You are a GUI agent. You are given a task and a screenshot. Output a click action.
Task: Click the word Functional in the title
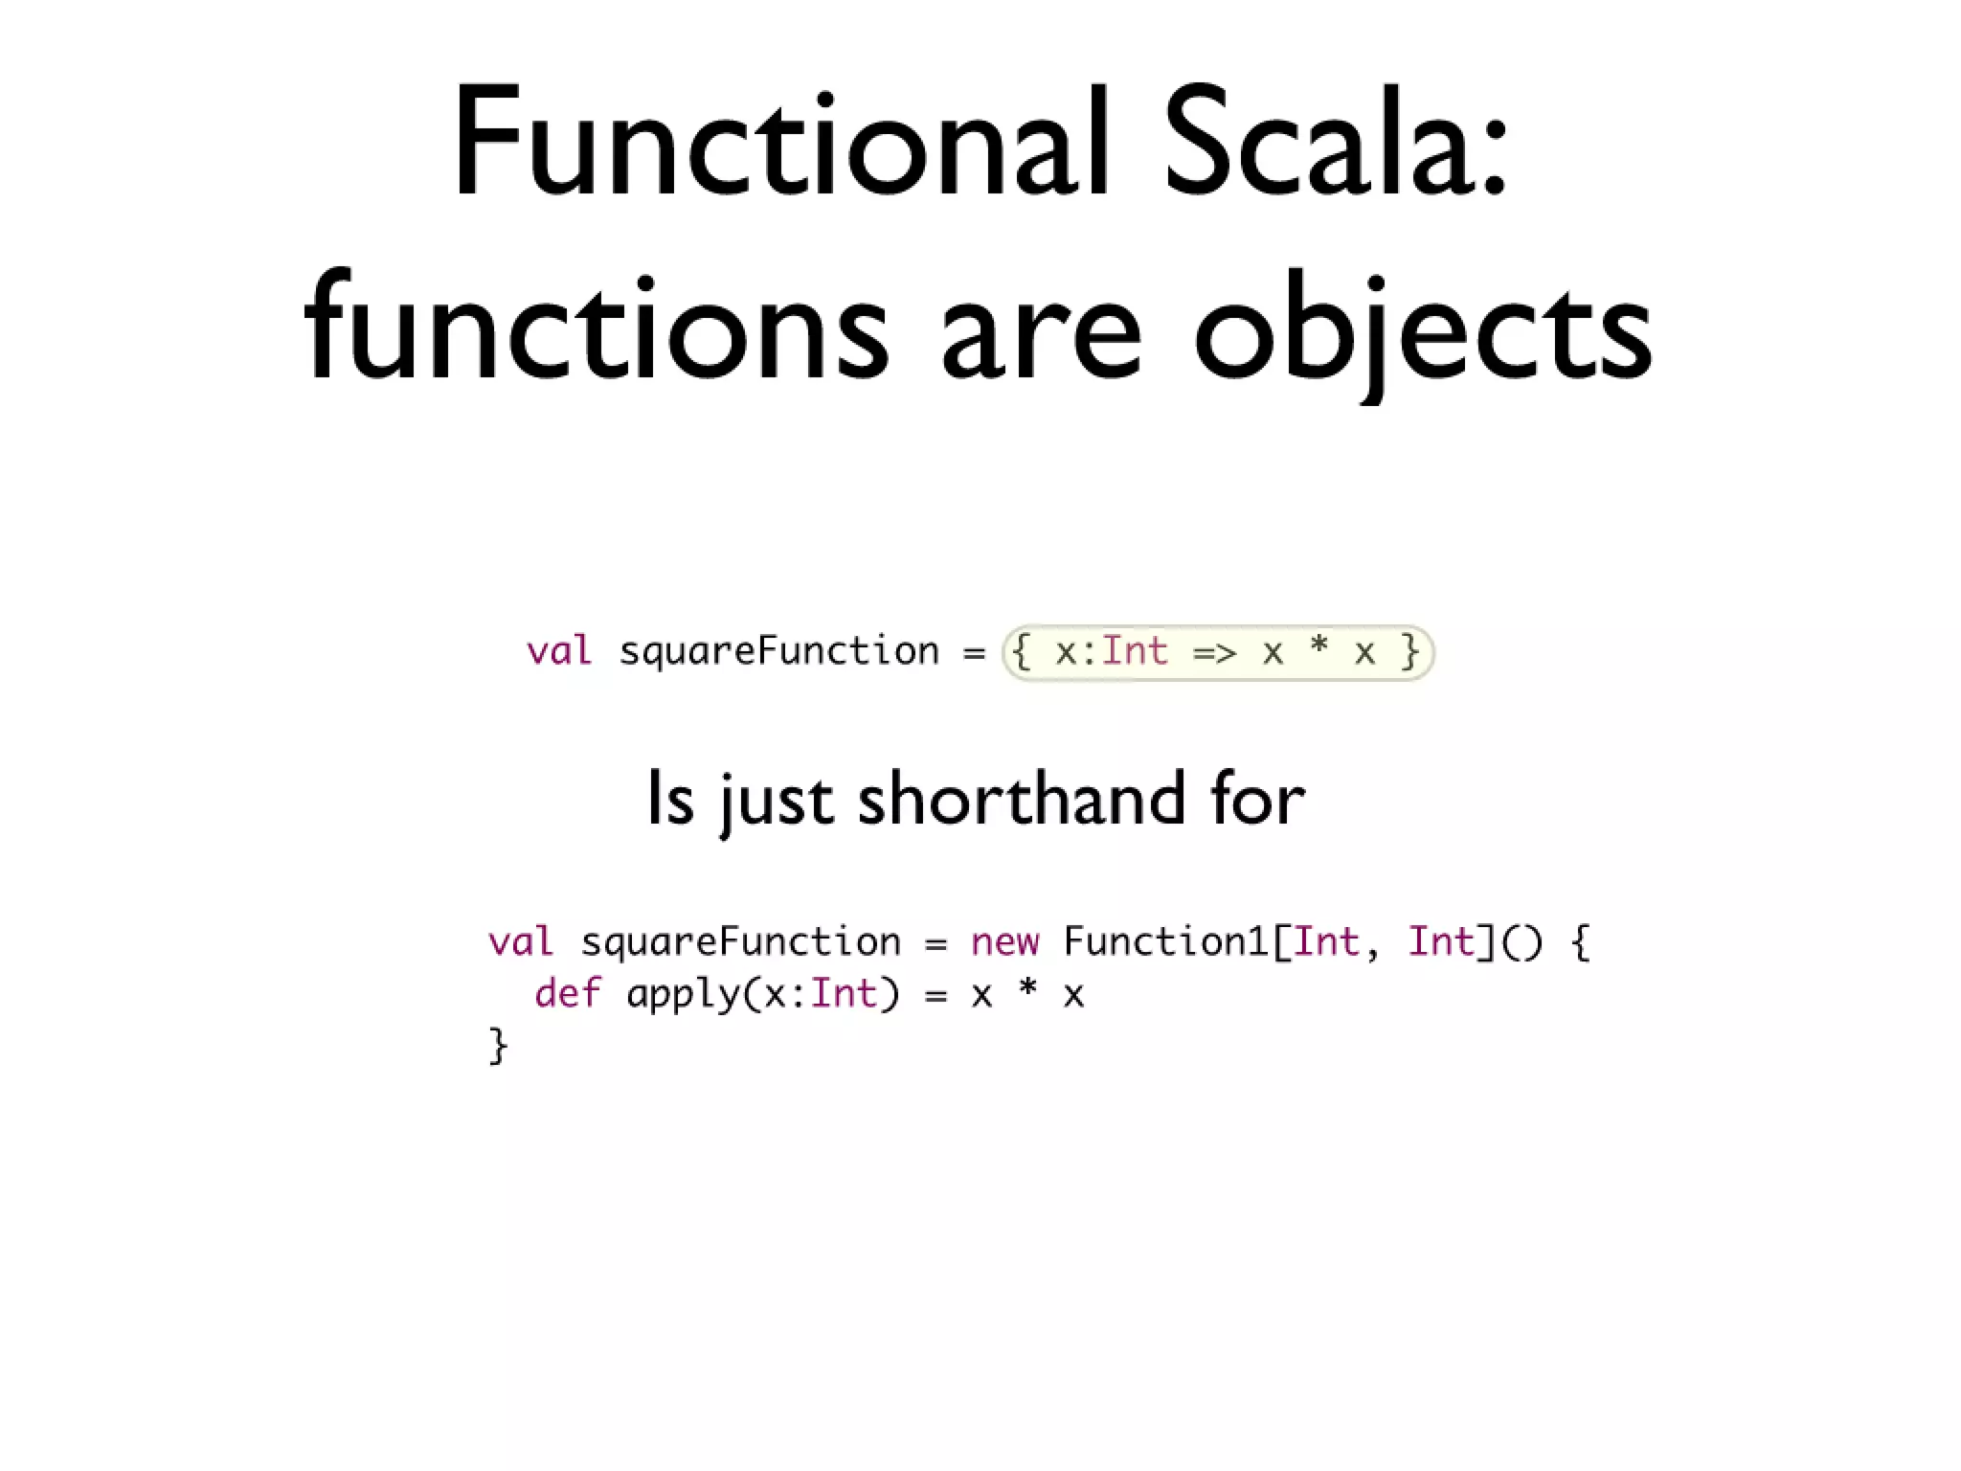point(780,144)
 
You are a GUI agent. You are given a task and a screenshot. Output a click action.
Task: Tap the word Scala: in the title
point(1336,144)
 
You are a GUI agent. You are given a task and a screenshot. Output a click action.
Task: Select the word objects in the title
point(1423,330)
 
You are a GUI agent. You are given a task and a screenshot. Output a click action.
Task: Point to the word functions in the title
point(596,330)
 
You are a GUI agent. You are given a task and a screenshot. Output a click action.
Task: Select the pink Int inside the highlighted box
point(1135,651)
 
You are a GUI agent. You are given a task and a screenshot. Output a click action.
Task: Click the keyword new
point(1003,942)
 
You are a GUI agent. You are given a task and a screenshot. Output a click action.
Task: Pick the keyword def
point(567,993)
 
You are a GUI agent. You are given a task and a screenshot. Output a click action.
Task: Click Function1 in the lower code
point(1165,941)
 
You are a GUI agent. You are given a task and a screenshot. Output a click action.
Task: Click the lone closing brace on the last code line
point(498,1046)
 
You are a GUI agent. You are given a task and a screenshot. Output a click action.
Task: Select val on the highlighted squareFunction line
point(559,651)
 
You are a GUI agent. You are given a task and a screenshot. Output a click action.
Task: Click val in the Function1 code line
point(520,942)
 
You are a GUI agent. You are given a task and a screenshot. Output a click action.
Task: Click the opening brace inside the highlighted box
point(1022,652)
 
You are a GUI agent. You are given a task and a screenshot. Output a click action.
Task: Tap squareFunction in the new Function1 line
point(740,942)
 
